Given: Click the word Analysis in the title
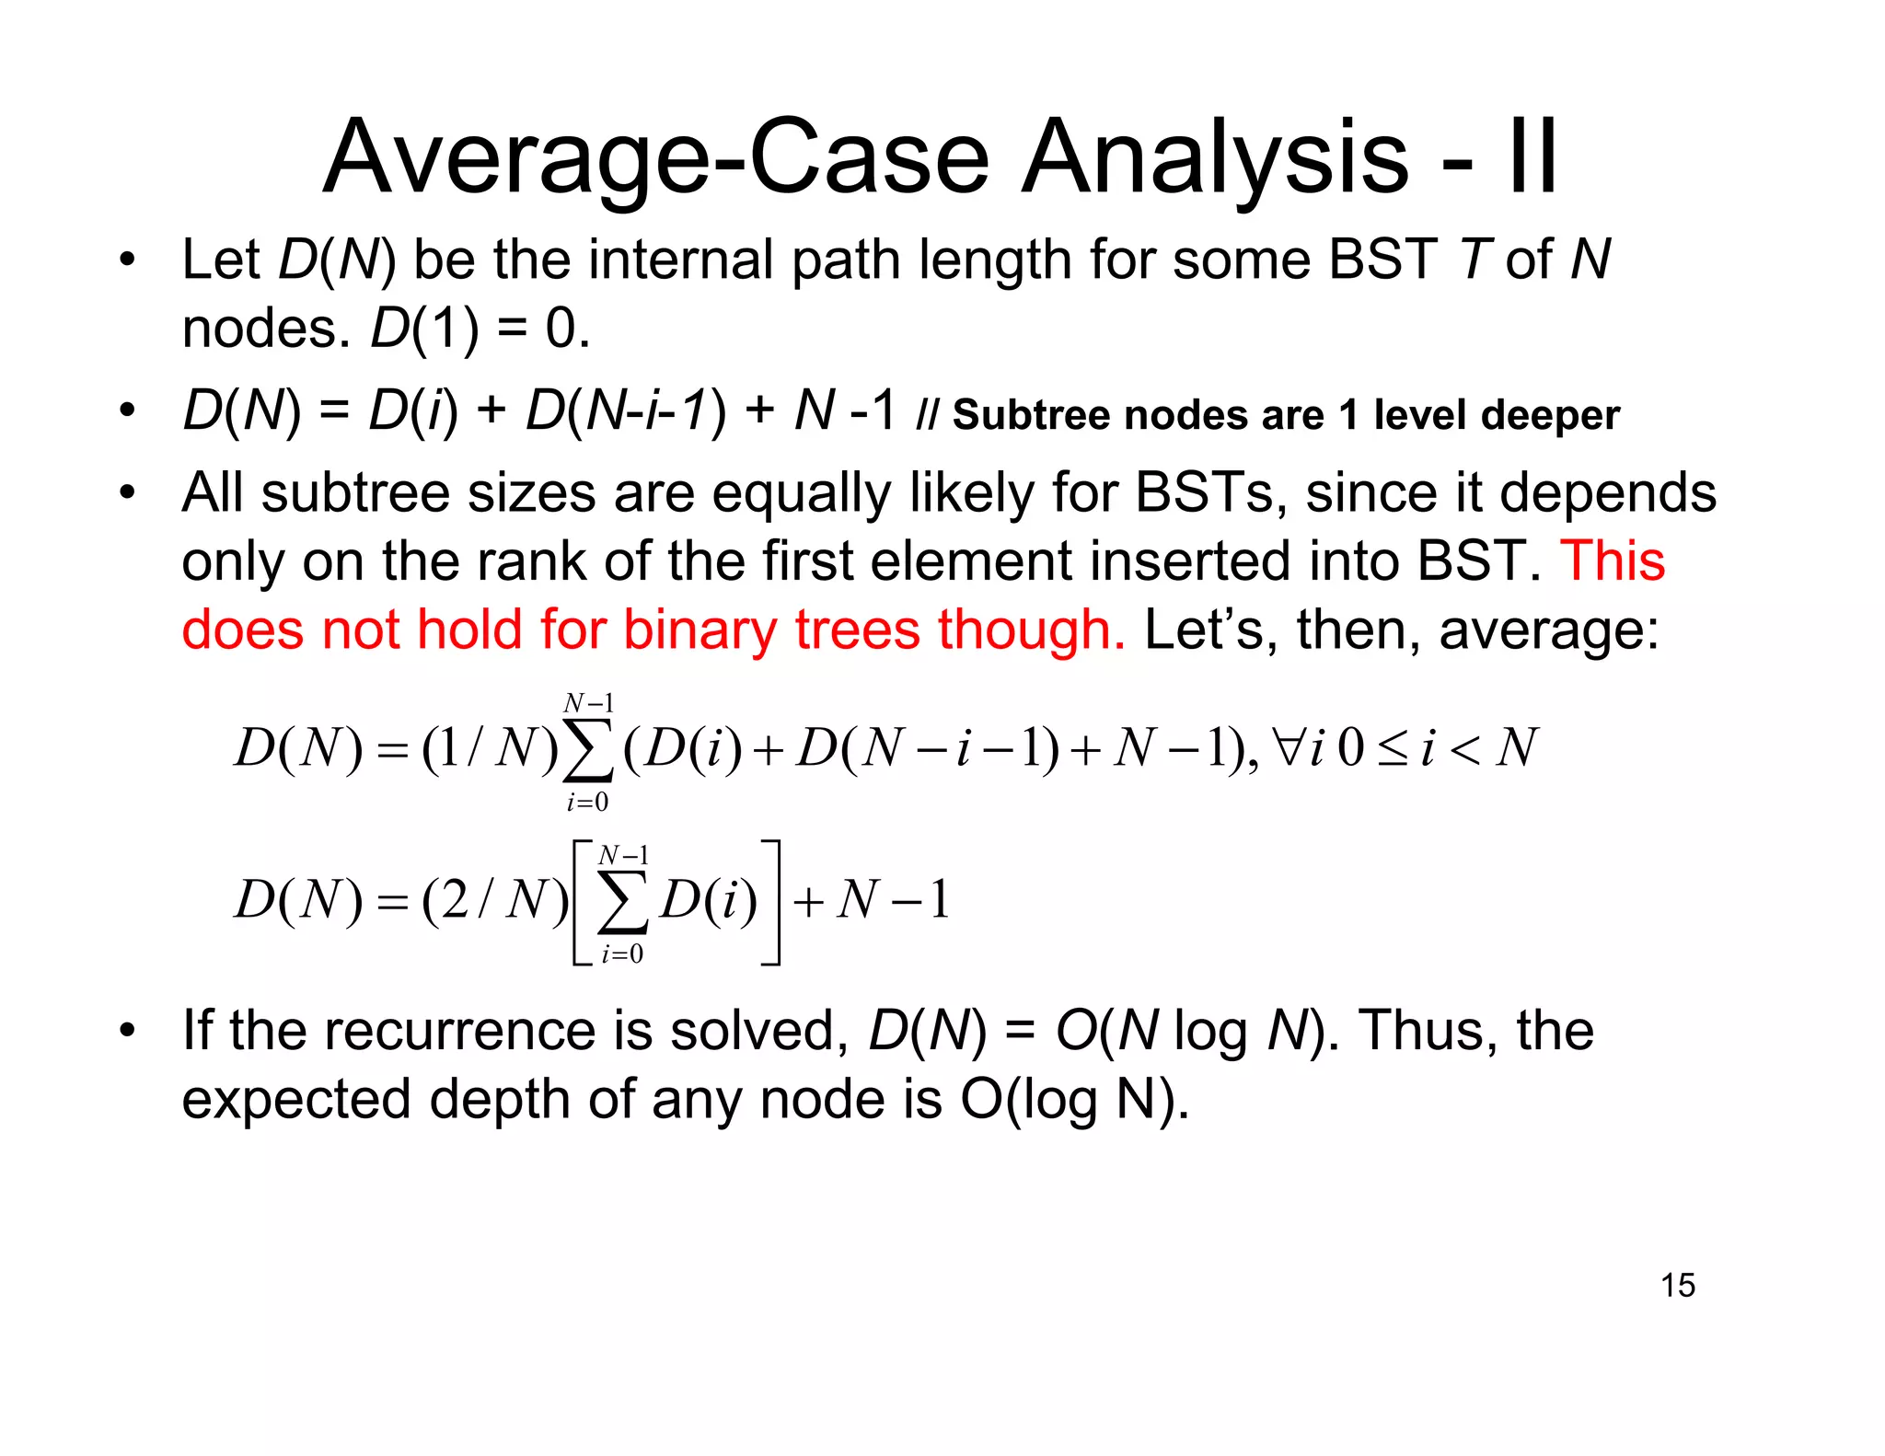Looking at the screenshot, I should [x=1215, y=158].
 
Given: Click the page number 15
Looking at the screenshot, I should [x=1678, y=1285].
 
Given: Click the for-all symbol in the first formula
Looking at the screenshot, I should [x=1285, y=747].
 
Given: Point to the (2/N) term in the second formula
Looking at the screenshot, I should [x=494, y=900].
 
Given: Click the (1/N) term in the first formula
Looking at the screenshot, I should [x=489, y=747].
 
